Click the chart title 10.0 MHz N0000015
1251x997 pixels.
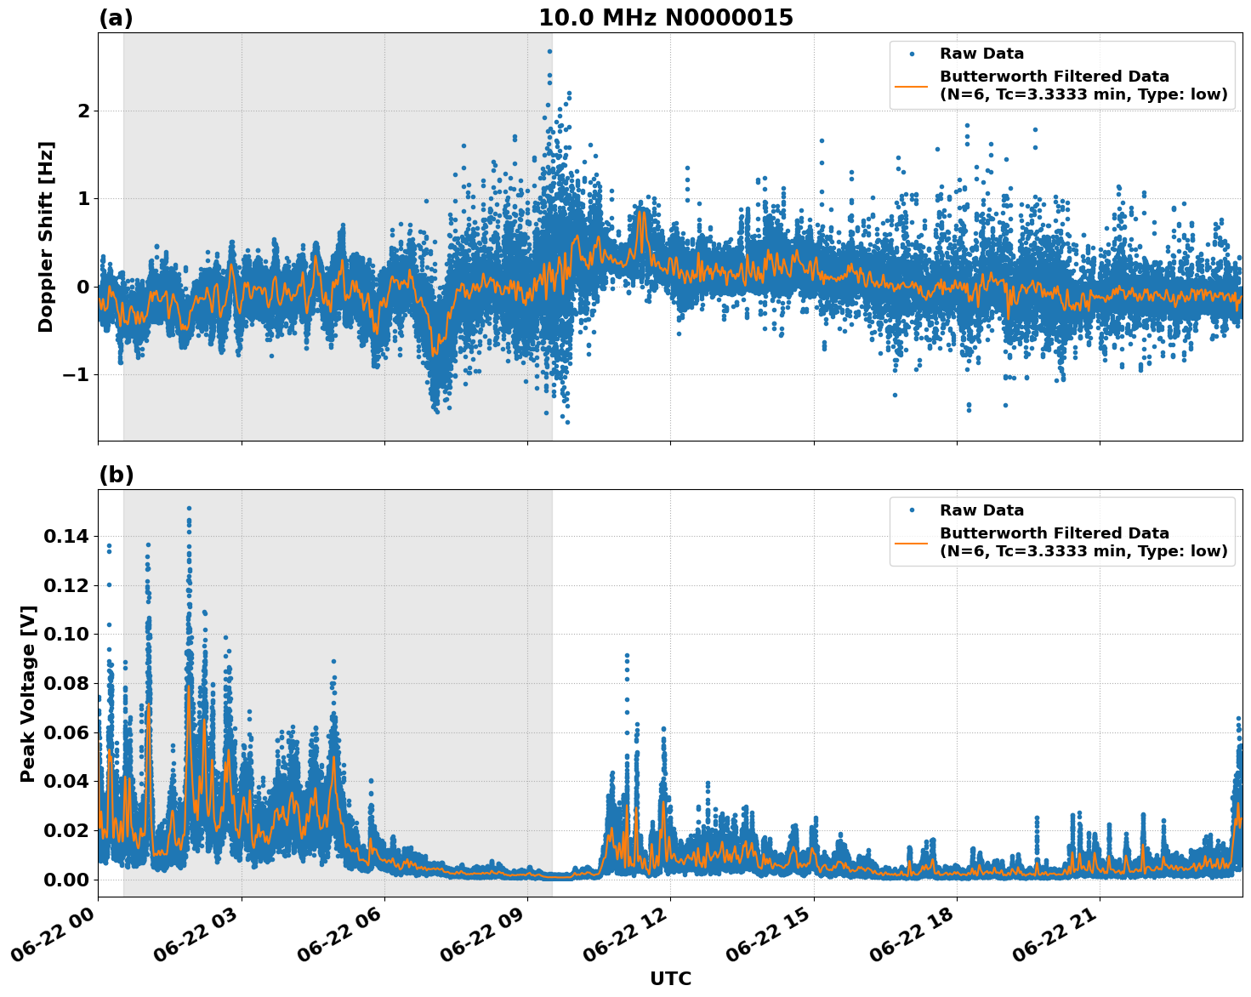[665, 18]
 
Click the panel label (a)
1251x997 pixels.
[116, 18]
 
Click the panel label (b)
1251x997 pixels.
[116, 475]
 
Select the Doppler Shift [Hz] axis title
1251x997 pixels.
[46, 236]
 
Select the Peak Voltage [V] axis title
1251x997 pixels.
[28, 693]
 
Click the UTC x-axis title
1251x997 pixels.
[670, 978]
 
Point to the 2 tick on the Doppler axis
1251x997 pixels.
[83, 111]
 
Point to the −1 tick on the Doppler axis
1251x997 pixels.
[77, 375]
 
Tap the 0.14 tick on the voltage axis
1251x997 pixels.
[65, 536]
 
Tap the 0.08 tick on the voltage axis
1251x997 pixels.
[65, 683]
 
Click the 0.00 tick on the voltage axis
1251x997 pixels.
[65, 880]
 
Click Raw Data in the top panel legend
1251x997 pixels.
[981, 54]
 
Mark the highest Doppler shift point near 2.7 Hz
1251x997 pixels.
[549, 51]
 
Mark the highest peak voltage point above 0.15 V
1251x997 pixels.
[189, 509]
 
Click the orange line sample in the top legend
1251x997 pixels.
[911, 85]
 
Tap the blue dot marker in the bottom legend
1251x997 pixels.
[911, 510]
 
